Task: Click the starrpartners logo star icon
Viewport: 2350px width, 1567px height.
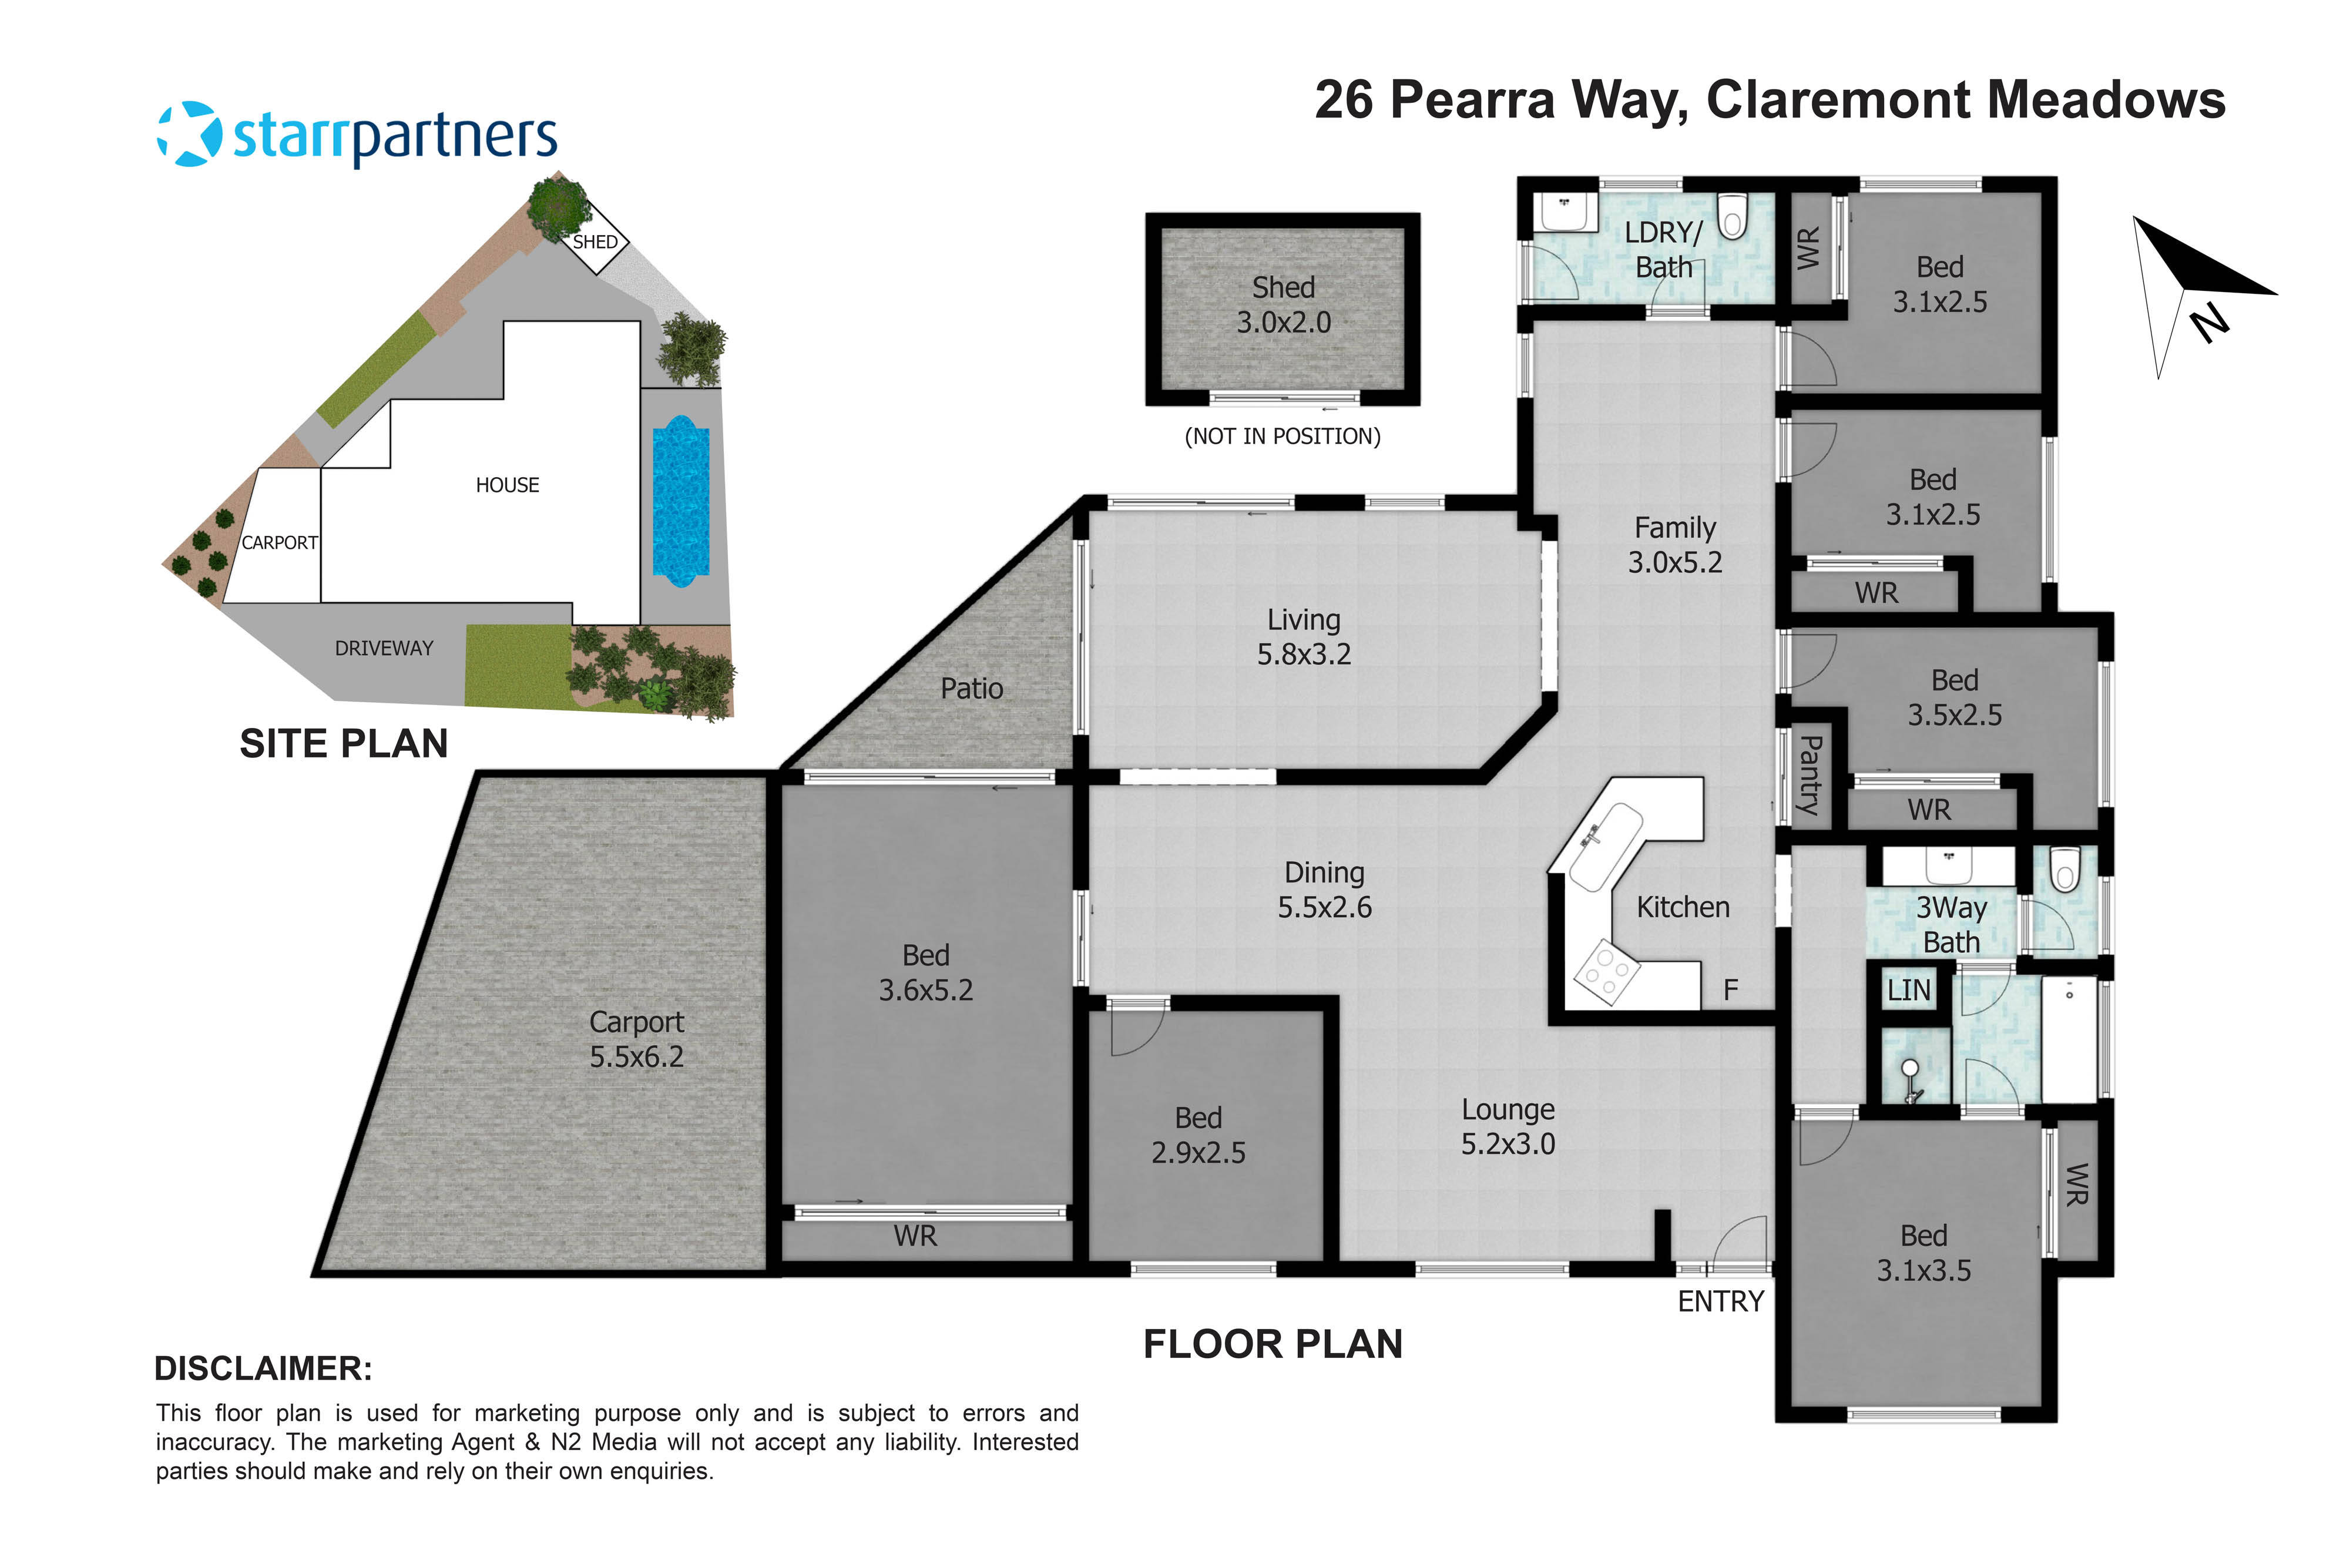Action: click(190, 134)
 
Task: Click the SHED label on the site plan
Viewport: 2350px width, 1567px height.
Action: click(595, 242)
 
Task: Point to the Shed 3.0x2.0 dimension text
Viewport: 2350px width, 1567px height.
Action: click(1283, 305)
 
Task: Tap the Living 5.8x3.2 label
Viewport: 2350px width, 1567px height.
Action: click(1303, 636)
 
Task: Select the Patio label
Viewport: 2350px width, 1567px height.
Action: click(971, 689)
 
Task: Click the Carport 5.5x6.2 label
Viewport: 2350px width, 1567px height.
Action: click(636, 1039)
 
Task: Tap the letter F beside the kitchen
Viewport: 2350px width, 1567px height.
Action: click(1731, 991)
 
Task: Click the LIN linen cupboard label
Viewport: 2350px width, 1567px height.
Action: click(1908, 991)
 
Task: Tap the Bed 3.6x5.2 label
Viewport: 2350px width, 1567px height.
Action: click(925, 972)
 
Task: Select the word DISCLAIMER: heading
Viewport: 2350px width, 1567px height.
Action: click(263, 1368)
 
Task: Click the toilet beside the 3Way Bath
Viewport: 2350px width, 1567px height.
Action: click(2064, 870)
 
